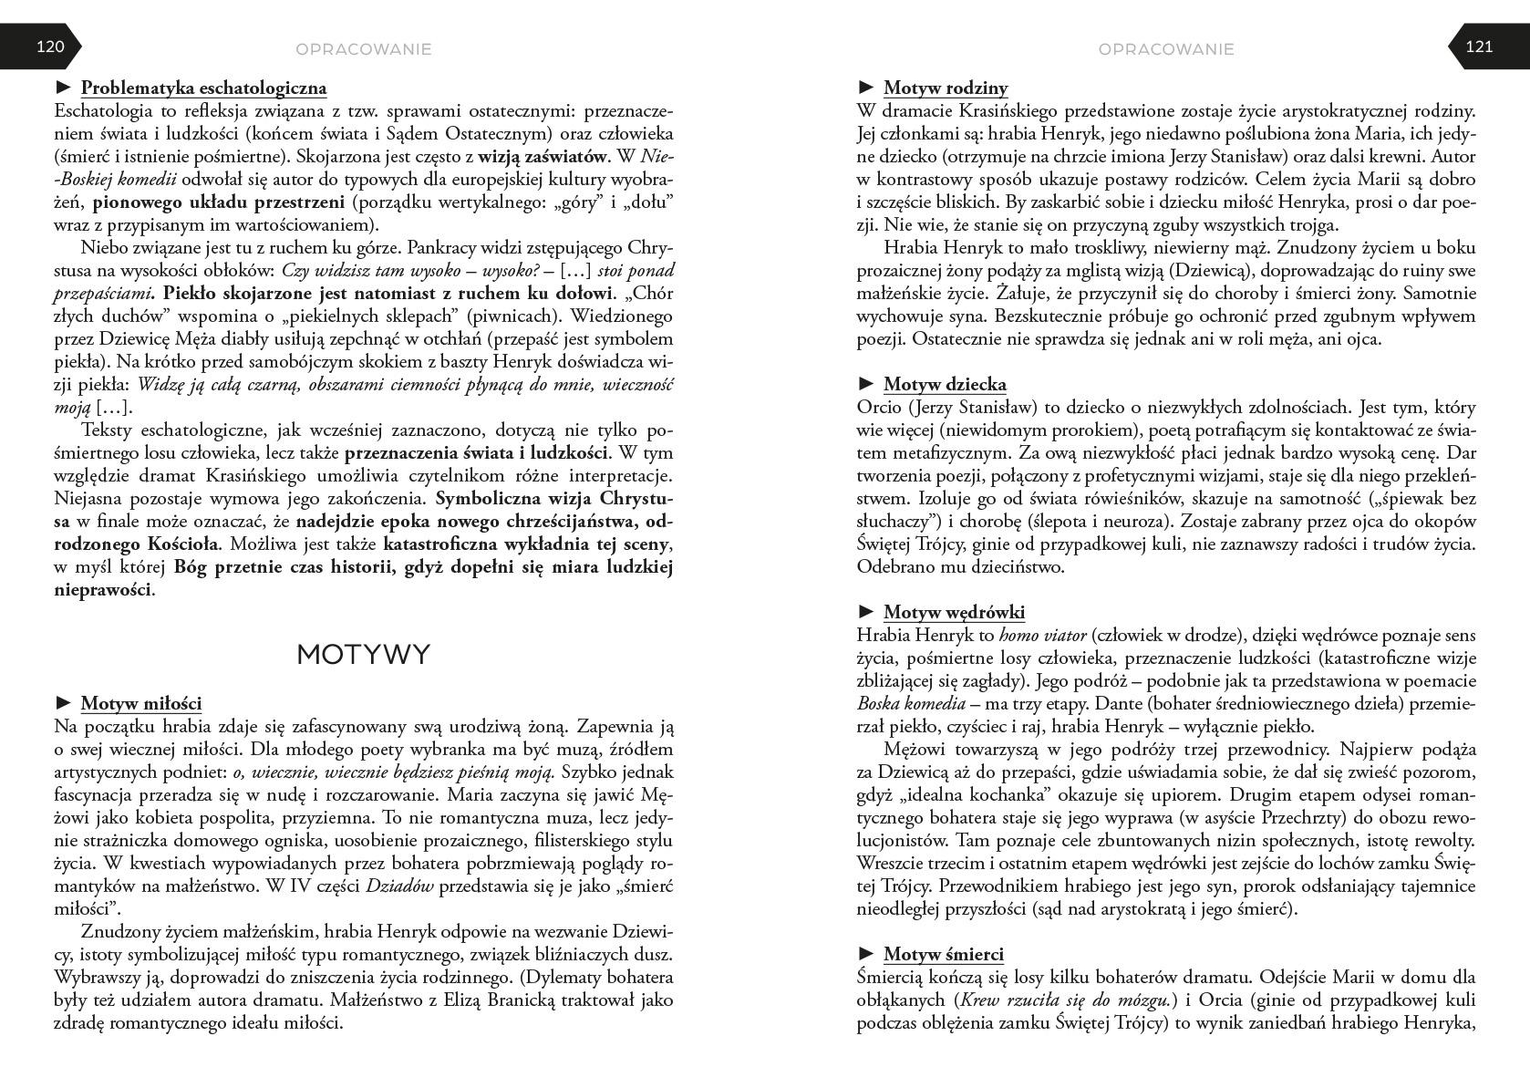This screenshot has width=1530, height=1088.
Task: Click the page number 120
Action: click(x=50, y=47)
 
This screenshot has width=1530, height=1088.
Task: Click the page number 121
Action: click(x=1479, y=47)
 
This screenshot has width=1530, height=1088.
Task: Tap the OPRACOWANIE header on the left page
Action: click(x=364, y=49)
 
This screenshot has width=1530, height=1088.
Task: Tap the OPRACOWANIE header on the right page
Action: click(x=1166, y=49)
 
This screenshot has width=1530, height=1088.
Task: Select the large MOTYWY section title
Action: click(x=363, y=655)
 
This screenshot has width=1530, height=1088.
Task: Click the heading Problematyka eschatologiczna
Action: click(x=203, y=88)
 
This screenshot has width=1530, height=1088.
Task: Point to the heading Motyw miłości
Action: click(x=141, y=703)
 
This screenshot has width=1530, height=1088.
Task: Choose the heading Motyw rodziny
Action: click(x=946, y=88)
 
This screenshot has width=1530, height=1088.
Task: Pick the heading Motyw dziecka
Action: click(x=945, y=384)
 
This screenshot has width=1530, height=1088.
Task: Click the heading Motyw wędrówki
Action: click(x=954, y=612)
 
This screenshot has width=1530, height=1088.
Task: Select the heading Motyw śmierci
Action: click(x=943, y=954)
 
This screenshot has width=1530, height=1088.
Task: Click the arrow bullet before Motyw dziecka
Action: click(x=866, y=384)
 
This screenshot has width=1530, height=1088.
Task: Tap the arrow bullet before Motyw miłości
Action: click(x=64, y=703)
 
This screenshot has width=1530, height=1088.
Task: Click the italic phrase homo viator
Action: click(x=1041, y=636)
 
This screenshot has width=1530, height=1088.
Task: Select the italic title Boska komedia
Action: click(x=911, y=704)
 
